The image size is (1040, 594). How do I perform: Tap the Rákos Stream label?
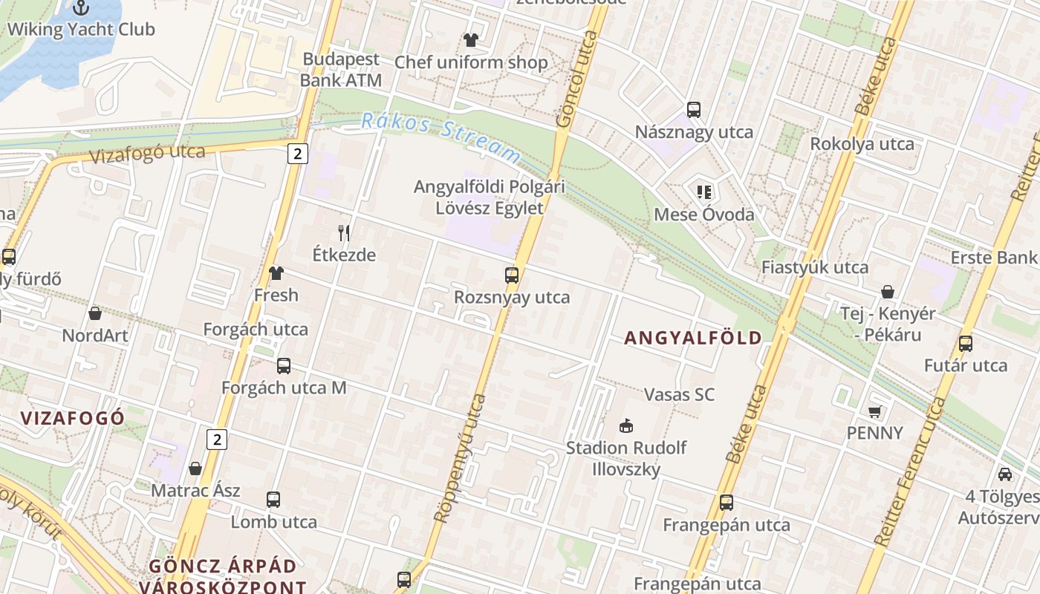[x=441, y=138]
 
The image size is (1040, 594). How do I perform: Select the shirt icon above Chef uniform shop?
[x=470, y=39]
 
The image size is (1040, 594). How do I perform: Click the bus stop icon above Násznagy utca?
[x=694, y=110]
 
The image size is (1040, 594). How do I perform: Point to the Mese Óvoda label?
[x=703, y=215]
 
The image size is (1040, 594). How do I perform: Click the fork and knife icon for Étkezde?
[x=344, y=233]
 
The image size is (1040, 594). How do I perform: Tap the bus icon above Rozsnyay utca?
[x=512, y=275]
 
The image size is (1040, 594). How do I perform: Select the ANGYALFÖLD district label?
[x=693, y=339]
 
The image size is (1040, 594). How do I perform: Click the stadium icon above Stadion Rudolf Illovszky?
[x=626, y=425]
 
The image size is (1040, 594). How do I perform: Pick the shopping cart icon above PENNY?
[x=875, y=411]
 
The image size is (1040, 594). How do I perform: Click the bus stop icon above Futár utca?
[x=965, y=344]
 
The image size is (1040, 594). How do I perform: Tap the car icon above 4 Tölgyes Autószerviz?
[x=1005, y=474]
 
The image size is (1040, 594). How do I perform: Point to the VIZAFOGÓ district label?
[x=73, y=418]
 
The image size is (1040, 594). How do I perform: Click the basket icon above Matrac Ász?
[x=195, y=469]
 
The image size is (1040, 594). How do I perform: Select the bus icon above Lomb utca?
[x=273, y=500]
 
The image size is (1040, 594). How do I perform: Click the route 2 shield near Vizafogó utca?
[x=298, y=154]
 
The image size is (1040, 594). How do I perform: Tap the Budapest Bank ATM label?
[x=341, y=70]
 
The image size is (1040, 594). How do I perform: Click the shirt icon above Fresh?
[x=276, y=273]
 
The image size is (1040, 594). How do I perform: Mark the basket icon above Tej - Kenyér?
[x=887, y=292]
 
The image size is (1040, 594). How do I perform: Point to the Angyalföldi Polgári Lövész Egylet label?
[x=489, y=198]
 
